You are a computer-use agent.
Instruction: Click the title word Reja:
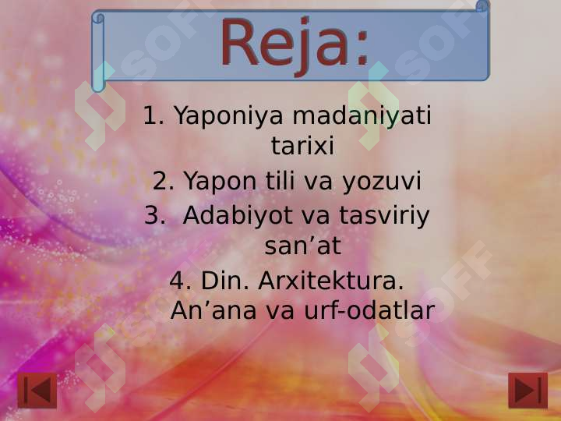[295, 44]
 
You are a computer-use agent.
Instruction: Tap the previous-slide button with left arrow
[37, 390]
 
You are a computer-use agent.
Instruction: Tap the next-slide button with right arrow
[527, 390]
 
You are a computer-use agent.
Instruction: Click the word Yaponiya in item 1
[228, 116]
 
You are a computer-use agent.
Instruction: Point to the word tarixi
[302, 146]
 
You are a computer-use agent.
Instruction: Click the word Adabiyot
[238, 215]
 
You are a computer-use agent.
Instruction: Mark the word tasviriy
[391, 215]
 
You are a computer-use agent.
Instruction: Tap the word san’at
[302, 246]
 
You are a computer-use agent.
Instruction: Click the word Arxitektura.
[331, 280]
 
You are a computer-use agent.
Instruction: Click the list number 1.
[153, 116]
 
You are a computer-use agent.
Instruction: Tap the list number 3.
[154, 215]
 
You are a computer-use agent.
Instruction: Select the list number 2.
[164, 182]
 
